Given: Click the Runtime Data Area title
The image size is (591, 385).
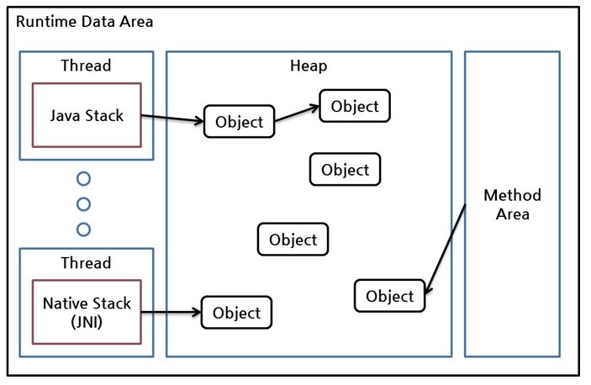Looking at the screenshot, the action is [84, 22].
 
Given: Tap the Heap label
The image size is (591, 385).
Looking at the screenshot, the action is [309, 66].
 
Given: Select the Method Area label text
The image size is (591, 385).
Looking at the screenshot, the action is [512, 204].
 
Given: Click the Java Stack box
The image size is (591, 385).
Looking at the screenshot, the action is [87, 115].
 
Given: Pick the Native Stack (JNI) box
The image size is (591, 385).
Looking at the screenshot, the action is [87, 312].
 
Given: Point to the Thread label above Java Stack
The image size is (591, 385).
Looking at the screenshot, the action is [86, 66].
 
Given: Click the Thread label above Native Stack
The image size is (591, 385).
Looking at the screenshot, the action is [86, 263].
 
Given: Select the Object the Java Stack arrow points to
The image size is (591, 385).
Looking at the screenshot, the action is [240, 121].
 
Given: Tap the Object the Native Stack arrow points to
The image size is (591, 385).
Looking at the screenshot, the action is [237, 313].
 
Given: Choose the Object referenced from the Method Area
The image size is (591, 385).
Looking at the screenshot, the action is [390, 296].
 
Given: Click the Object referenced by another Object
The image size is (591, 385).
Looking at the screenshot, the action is [355, 106].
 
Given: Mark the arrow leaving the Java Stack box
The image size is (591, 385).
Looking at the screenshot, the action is [172, 119].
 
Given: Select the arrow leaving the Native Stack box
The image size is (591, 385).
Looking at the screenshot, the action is [171, 312].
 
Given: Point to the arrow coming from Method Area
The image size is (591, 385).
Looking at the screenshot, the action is [446, 249].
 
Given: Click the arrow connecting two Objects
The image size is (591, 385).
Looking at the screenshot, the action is [297, 113].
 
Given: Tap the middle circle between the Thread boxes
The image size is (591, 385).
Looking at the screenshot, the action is [83, 204].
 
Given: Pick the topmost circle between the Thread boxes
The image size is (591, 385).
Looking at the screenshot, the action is [83, 178].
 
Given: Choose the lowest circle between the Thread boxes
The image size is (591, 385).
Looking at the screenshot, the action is [83, 229].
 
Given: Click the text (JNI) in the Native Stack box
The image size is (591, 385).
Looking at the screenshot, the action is [87, 322].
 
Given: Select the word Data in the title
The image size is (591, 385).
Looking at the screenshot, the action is [98, 22].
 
